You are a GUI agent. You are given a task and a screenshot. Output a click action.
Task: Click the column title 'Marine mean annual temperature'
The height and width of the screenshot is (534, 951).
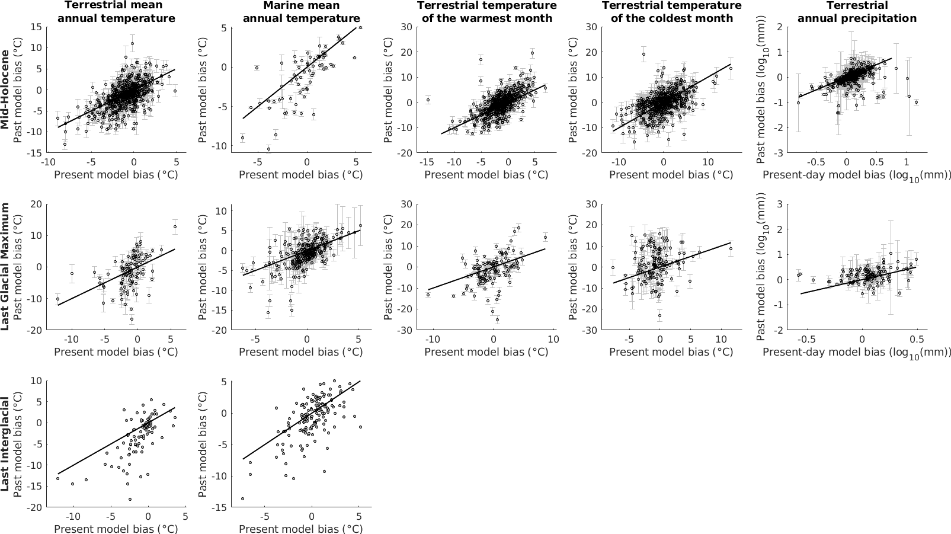click(x=301, y=12)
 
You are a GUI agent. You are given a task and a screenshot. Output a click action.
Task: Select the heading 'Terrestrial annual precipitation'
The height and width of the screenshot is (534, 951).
click(x=857, y=12)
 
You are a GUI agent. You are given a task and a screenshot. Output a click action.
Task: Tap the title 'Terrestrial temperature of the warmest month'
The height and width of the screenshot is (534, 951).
click(x=486, y=12)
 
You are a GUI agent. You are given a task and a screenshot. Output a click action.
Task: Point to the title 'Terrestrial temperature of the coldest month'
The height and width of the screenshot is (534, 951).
click(x=671, y=12)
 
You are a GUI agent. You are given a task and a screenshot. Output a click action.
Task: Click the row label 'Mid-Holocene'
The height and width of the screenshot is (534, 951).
click(x=5, y=89)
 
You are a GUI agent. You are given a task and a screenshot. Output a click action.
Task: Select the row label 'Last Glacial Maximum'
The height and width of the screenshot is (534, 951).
click(x=5, y=266)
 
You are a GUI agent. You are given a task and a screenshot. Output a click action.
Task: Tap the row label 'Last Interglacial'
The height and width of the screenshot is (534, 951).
click(x=5, y=444)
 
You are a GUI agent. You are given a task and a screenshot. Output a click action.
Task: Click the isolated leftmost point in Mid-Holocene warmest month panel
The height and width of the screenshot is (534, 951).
click(x=428, y=100)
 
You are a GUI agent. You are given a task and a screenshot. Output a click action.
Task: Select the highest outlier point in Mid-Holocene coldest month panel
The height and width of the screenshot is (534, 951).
click(x=643, y=55)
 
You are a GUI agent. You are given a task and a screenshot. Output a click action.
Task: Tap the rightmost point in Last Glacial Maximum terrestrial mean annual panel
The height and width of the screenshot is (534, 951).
click(x=175, y=226)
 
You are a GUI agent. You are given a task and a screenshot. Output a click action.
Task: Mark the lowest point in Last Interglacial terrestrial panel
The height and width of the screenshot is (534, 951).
click(x=130, y=499)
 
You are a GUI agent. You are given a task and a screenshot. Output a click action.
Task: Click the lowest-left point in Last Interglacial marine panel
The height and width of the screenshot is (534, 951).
click(x=242, y=499)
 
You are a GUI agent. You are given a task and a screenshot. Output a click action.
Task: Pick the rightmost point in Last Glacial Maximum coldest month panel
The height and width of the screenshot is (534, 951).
click(x=731, y=249)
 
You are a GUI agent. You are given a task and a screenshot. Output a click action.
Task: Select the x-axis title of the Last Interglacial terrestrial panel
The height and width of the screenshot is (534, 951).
click(x=116, y=529)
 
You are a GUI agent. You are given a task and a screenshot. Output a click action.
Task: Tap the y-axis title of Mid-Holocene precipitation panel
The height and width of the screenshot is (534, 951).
click(x=761, y=89)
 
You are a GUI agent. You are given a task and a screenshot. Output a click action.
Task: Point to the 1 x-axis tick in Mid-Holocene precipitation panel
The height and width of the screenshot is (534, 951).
click(x=907, y=162)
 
